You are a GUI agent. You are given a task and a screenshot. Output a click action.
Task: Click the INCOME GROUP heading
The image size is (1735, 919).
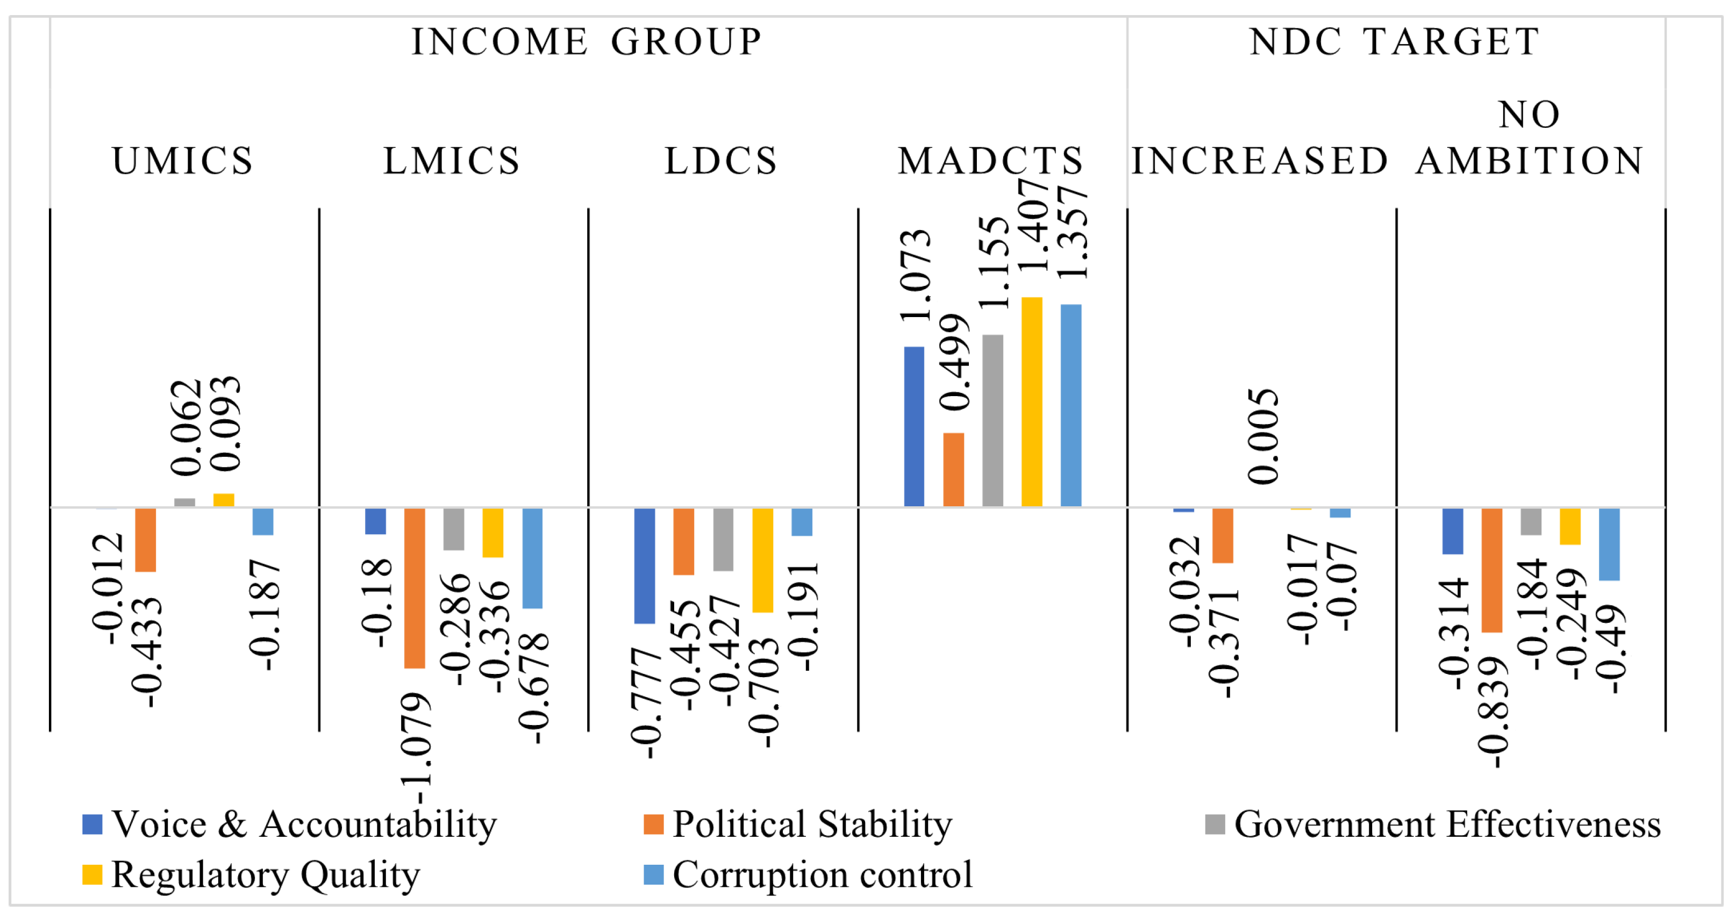click(586, 42)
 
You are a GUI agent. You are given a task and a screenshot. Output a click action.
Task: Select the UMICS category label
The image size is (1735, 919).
click(183, 161)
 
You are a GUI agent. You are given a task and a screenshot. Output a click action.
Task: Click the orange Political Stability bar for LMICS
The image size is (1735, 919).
click(414, 588)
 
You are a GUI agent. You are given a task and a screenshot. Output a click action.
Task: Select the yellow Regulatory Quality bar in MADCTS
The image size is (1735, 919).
click(1031, 401)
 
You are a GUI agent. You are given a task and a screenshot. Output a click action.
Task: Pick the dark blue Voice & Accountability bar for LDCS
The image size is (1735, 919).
click(645, 565)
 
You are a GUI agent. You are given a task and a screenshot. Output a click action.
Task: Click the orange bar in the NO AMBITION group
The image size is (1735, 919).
click(1491, 570)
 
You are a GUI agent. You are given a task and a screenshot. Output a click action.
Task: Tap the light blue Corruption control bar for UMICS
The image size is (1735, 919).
click(263, 522)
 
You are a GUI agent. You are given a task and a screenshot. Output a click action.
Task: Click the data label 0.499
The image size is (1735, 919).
click(954, 362)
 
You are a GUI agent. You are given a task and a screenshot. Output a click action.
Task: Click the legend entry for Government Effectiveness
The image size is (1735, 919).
click(1434, 824)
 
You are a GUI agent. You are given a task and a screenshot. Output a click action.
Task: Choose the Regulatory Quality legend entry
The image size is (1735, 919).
click(252, 874)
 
